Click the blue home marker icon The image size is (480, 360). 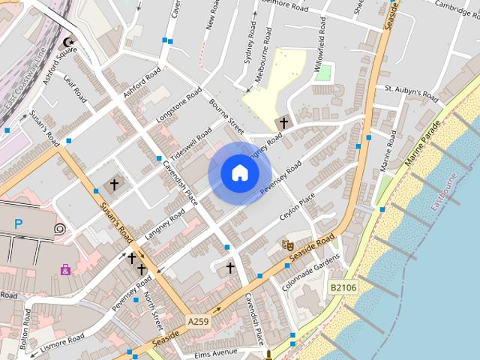pyautogui.click(x=239, y=173)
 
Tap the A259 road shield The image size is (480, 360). pyautogui.click(x=198, y=322)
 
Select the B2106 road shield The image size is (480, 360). pyautogui.click(x=343, y=286)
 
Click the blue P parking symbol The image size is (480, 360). pyautogui.click(x=19, y=223)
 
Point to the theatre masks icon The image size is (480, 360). pyautogui.click(x=286, y=244)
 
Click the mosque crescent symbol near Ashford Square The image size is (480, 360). pyautogui.click(x=70, y=43)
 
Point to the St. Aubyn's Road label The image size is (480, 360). pyautogui.click(x=410, y=92)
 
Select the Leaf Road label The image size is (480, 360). pyautogui.click(x=76, y=91)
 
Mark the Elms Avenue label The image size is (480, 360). pyautogui.click(x=215, y=352)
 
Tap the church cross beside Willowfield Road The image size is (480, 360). pyautogui.click(x=283, y=123)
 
